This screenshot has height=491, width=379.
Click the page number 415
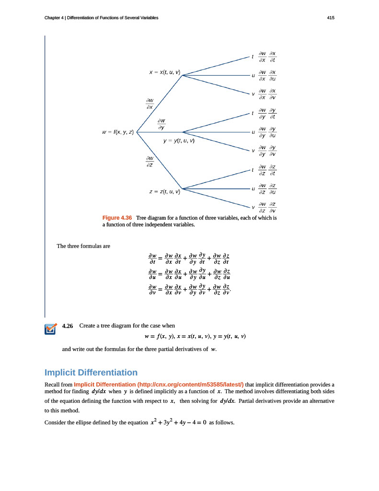point(331,18)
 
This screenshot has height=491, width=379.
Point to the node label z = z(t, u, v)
point(164,191)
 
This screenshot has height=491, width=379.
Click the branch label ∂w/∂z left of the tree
point(150,161)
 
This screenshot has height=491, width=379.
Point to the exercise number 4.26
point(68,326)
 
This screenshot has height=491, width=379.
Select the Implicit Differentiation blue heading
point(91,373)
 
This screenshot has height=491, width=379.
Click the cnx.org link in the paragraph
point(159,384)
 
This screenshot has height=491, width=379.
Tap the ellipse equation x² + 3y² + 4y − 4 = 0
point(178,423)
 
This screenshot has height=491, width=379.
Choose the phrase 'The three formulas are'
point(83,246)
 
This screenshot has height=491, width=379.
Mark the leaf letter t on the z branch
point(253,170)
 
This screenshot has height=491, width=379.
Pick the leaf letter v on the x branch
point(253,94)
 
